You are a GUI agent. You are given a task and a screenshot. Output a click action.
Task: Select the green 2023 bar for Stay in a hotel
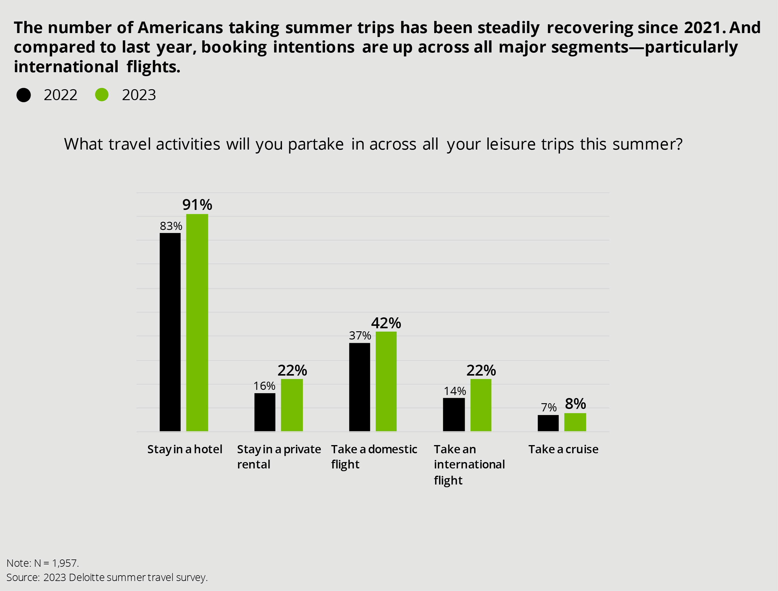(x=197, y=322)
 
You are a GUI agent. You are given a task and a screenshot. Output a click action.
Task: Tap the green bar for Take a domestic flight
(x=386, y=381)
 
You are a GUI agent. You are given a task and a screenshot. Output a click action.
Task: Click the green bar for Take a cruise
(x=575, y=422)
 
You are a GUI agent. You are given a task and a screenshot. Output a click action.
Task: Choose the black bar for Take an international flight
(x=454, y=414)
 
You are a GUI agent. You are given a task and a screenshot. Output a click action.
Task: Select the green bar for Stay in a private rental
(x=292, y=405)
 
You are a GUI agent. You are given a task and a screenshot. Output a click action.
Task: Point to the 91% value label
(x=197, y=204)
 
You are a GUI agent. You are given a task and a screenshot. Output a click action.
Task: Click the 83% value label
(x=171, y=226)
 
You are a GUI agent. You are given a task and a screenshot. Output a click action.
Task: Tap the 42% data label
(x=386, y=323)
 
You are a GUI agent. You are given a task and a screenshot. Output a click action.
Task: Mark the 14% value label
(x=455, y=391)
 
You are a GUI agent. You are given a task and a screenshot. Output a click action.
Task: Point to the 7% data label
(x=549, y=408)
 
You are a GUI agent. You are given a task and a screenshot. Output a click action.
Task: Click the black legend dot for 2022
(x=24, y=95)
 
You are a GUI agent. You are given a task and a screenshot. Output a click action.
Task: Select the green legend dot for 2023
(x=102, y=95)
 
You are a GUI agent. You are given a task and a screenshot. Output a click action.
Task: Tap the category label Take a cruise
(x=563, y=449)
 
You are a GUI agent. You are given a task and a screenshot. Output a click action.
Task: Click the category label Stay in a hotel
(x=185, y=449)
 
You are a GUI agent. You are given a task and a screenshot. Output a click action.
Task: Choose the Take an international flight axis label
(x=469, y=464)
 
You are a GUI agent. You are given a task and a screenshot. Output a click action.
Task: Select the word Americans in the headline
(x=180, y=27)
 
